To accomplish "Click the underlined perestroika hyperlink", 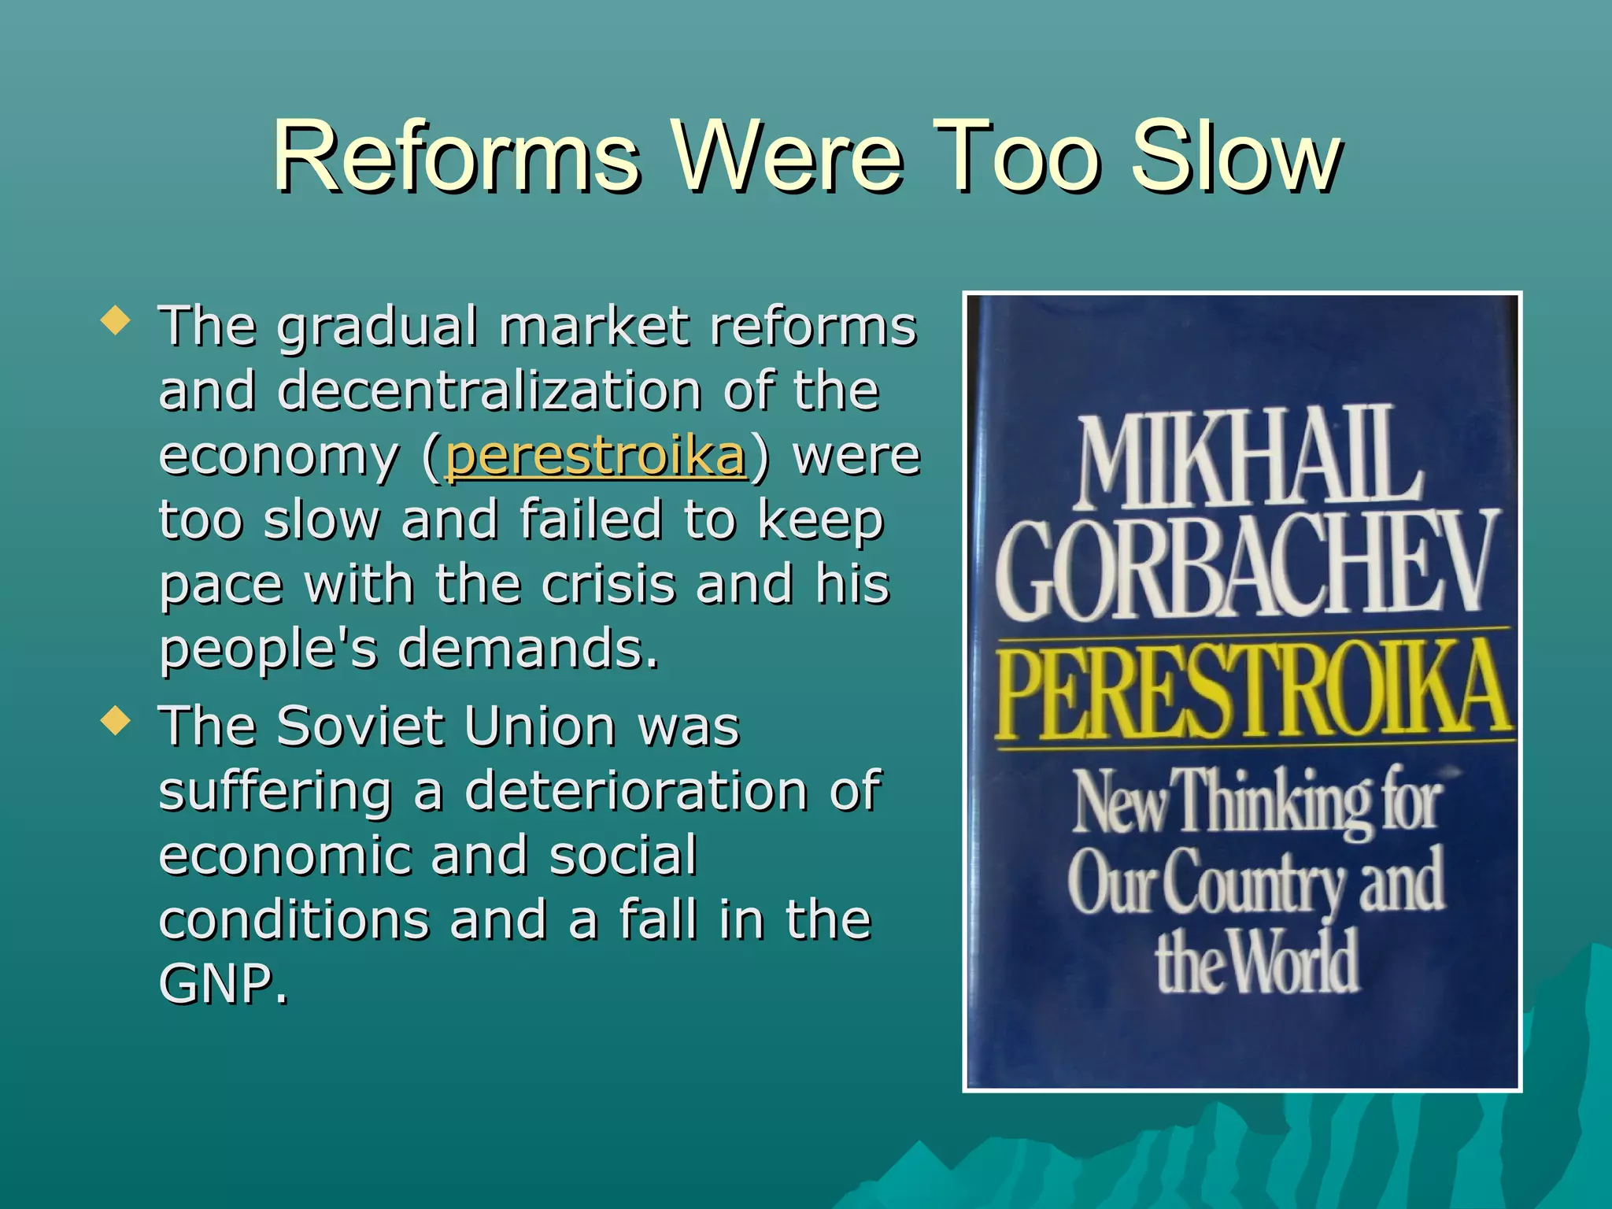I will (595, 456).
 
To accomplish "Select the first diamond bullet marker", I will (116, 321).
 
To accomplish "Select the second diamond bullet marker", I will (116, 721).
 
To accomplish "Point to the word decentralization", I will (490, 390).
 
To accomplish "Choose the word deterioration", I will (636, 790).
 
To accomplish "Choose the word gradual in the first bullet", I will (377, 326).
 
